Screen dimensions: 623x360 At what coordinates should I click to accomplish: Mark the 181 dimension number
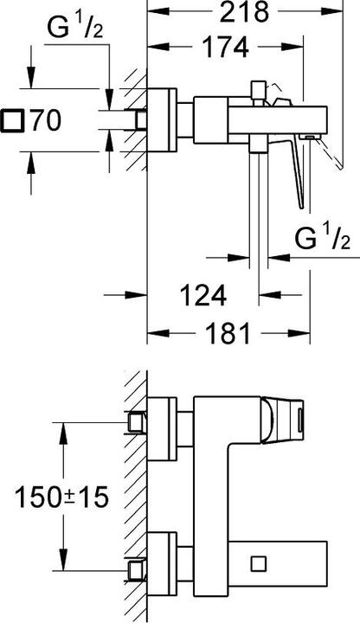tap(224, 332)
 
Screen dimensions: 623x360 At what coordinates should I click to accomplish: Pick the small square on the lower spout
tap(256, 564)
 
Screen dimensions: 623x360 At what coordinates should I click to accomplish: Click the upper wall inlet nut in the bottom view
tap(134, 422)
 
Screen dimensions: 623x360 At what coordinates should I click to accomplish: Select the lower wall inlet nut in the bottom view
tap(134, 570)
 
